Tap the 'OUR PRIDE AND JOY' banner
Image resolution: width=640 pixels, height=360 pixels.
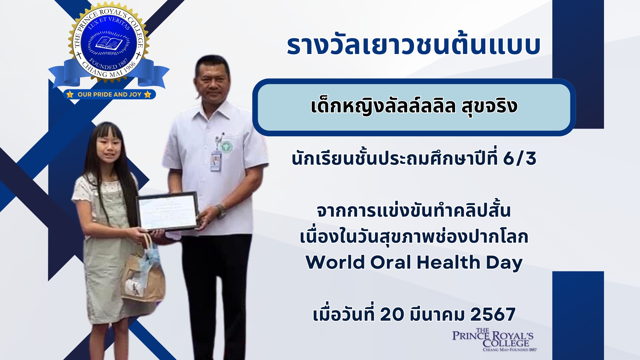click(109, 94)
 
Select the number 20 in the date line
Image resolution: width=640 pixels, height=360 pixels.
click(392, 314)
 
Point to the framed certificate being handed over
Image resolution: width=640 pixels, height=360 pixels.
click(168, 212)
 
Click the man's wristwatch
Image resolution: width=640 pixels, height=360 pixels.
click(221, 211)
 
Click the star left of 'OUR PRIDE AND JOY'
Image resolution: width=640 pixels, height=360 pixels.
click(70, 95)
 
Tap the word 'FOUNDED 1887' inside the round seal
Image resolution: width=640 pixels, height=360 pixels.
click(109, 65)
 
